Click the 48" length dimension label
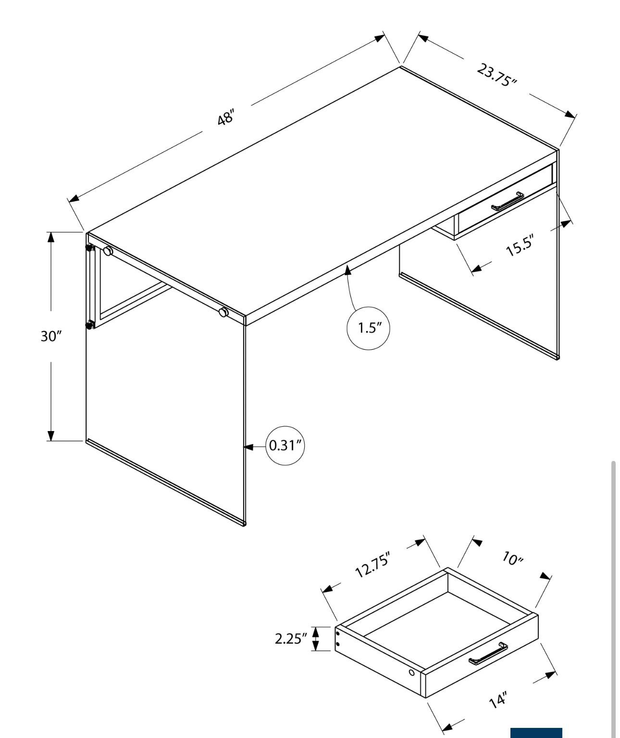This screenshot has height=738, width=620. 226,117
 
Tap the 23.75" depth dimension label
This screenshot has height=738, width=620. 497,75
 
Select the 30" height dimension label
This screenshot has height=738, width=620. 51,336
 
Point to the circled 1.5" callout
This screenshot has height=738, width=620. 369,328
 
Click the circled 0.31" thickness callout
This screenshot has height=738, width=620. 285,445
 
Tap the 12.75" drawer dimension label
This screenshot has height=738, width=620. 373,569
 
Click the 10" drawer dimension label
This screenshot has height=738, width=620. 512,559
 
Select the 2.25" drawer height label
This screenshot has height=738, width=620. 291,639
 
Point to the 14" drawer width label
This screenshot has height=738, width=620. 498,700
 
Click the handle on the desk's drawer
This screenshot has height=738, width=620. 508,202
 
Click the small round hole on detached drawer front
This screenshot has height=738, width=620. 412,673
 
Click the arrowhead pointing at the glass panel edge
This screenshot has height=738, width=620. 248,447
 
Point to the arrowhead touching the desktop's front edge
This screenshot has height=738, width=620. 348,270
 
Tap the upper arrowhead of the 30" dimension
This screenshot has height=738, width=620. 51,238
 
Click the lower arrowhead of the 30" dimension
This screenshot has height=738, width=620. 51,436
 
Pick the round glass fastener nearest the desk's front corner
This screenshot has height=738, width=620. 223,312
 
